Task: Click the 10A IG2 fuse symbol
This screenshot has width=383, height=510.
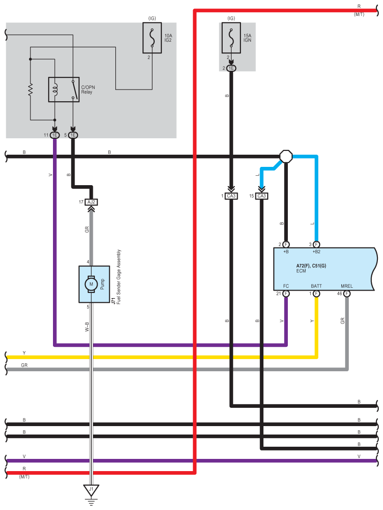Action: [152, 37]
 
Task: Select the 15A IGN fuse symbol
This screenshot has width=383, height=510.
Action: [231, 37]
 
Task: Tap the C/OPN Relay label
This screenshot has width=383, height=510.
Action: [88, 90]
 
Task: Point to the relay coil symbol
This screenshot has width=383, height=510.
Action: [55, 90]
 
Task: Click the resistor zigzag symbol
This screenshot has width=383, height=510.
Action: [30, 90]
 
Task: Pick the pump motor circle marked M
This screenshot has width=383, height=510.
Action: [91, 284]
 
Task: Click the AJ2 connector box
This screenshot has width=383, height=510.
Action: [91, 202]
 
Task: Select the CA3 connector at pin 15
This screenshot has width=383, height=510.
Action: [261, 196]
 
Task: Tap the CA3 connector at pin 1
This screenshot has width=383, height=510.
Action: [231, 196]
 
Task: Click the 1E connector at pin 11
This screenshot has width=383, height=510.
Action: [55, 135]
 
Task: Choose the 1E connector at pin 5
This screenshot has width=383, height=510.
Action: [73, 135]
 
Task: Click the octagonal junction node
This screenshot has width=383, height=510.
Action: [286, 157]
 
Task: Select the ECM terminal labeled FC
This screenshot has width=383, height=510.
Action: [285, 286]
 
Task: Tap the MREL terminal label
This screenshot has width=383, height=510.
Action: [346, 286]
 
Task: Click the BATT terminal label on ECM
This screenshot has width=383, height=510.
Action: [316, 286]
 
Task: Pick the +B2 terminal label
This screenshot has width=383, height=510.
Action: [316, 252]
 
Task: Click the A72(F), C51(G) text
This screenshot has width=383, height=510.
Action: [311, 266]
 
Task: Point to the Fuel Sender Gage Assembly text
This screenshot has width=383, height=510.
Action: [119, 277]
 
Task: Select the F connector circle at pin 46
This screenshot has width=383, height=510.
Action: [347, 294]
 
